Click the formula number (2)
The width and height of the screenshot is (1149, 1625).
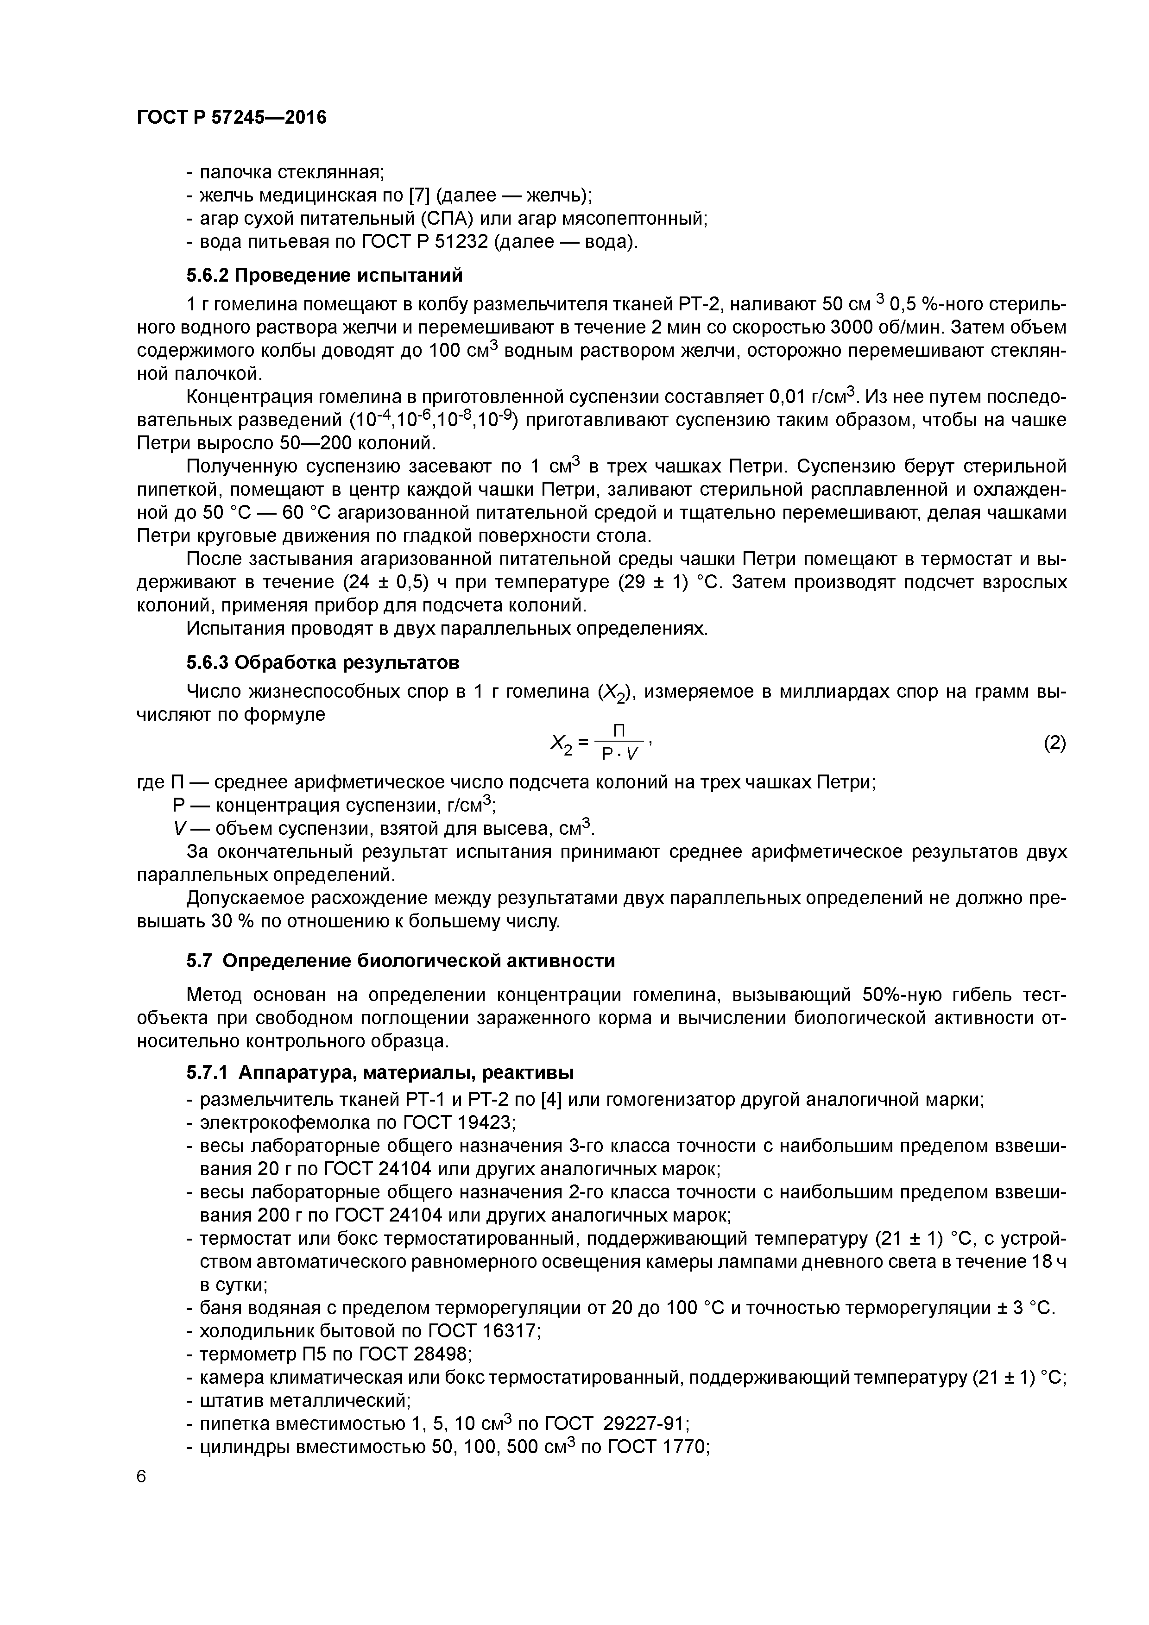click(x=1054, y=743)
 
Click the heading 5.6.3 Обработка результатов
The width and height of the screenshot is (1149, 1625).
click(x=323, y=662)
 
